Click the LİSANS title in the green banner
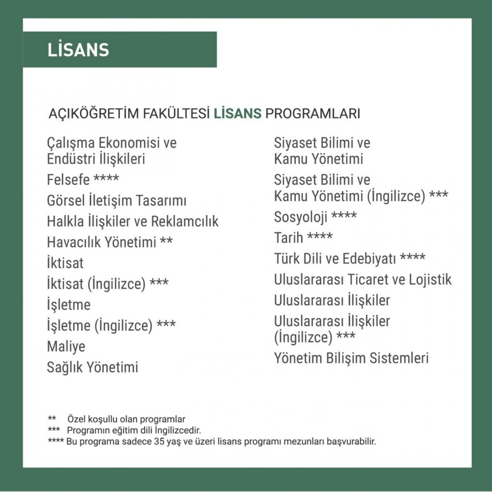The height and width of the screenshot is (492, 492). (78, 50)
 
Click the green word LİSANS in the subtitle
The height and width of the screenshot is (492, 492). (238, 114)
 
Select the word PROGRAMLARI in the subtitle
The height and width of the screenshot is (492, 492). (313, 114)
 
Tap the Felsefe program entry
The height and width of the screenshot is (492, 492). (68, 180)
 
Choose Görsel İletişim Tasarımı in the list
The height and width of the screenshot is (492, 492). (116, 200)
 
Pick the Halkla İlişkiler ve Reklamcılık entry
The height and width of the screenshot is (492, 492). (133, 221)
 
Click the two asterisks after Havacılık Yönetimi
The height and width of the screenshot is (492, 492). (166, 241)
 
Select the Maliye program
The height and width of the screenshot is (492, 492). (66, 346)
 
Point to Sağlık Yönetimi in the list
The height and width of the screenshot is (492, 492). (92, 368)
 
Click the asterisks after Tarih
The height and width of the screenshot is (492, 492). (320, 236)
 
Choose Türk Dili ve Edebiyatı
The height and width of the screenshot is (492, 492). (335, 259)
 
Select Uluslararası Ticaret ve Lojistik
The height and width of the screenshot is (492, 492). (363, 280)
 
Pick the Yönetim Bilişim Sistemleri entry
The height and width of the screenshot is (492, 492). (351, 358)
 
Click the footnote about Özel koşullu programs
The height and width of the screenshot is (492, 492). (126, 419)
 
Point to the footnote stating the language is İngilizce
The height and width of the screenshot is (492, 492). (134, 430)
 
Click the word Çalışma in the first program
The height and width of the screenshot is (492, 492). (71, 143)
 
